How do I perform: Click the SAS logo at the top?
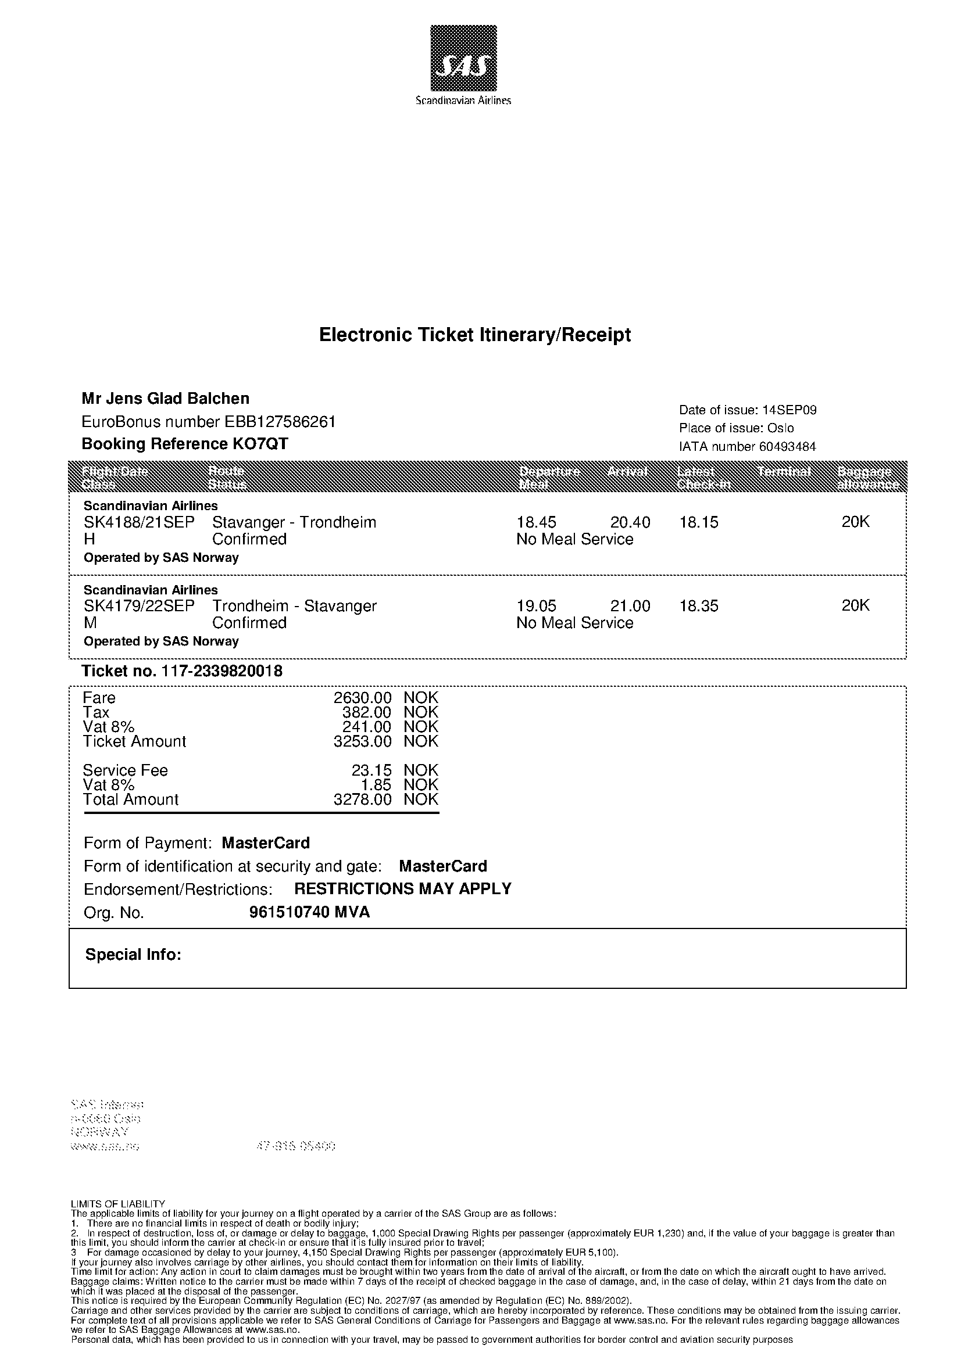(463, 58)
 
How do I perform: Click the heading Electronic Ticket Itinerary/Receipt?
(475, 335)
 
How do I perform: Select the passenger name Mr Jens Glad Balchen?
(165, 399)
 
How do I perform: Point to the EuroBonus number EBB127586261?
(280, 421)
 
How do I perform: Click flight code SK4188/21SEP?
(138, 522)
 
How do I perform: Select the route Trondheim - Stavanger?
(294, 606)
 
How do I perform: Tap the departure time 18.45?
(537, 522)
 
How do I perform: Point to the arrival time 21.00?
(630, 606)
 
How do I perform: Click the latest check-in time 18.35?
(699, 606)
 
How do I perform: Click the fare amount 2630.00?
(362, 698)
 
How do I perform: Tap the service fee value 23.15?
(371, 770)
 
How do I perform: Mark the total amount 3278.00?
(362, 799)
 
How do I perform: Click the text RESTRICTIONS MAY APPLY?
(403, 889)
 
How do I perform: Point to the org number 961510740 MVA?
(309, 912)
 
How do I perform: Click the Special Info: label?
(133, 955)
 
